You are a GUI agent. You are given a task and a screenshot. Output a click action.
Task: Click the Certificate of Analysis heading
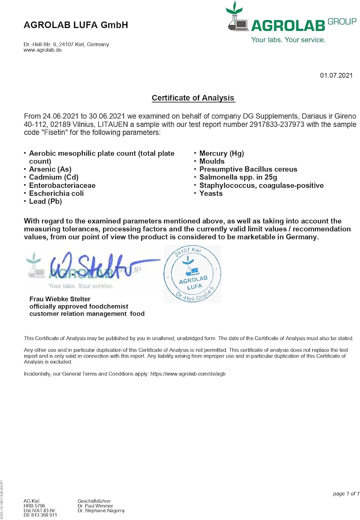[193, 98]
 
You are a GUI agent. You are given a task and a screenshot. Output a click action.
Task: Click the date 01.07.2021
[336, 76]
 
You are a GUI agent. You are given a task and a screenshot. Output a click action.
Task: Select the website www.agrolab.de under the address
[43, 50]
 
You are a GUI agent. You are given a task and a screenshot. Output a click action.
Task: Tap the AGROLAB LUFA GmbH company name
[76, 25]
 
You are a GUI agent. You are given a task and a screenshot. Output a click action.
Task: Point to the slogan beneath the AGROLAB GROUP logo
[288, 40]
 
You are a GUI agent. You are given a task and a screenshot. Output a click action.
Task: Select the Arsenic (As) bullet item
[50, 169]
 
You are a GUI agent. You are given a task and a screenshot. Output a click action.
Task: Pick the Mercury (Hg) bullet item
[222, 153]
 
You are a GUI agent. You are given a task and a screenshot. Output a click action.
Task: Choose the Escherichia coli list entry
[57, 193]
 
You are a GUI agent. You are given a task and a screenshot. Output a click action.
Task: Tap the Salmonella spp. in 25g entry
[238, 177]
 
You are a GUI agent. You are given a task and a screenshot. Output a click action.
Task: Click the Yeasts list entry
[211, 193]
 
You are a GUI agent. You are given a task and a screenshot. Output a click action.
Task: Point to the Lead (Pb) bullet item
[45, 201]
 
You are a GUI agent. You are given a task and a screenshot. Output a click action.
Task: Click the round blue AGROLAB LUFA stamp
[192, 274]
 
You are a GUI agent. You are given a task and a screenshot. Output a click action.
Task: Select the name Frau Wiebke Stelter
[60, 299]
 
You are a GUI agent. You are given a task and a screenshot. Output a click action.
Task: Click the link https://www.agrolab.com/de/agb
[188, 374]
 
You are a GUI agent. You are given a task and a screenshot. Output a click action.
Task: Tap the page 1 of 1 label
[346, 494]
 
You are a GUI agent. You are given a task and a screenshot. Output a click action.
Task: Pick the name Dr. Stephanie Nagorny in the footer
[101, 511]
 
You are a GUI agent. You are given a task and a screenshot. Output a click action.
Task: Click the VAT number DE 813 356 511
[40, 515]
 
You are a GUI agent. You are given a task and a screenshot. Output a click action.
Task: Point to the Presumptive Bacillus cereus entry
[248, 169]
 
